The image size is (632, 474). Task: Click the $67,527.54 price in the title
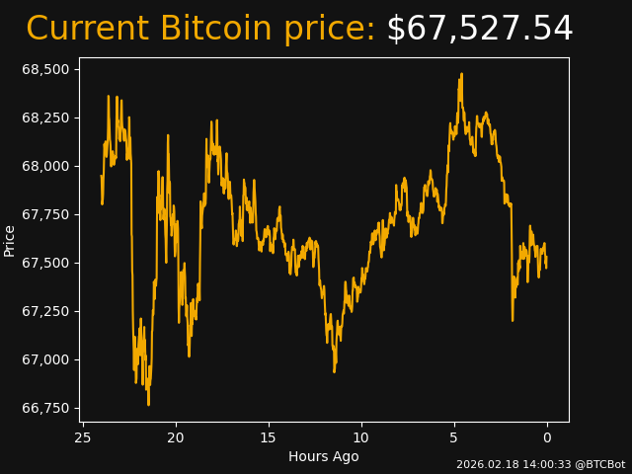479,30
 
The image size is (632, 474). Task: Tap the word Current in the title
87,30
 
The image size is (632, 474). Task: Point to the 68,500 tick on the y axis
46,69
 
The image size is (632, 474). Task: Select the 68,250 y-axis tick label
46,118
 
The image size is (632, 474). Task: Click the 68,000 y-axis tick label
46,166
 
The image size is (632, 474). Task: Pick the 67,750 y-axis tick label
46,214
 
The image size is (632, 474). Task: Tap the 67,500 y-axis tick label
46,263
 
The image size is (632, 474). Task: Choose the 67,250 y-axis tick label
46,311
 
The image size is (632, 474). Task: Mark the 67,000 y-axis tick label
46,359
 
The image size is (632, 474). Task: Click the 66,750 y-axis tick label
46,408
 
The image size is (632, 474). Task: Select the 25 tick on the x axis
83,437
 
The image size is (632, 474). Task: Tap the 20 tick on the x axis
176,437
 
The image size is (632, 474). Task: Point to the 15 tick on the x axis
269,437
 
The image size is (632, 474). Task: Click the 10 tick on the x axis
361,437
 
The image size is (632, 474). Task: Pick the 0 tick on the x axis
547,437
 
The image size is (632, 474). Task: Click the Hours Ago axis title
324,456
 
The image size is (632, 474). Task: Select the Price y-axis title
10,240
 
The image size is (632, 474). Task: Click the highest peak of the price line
460,74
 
